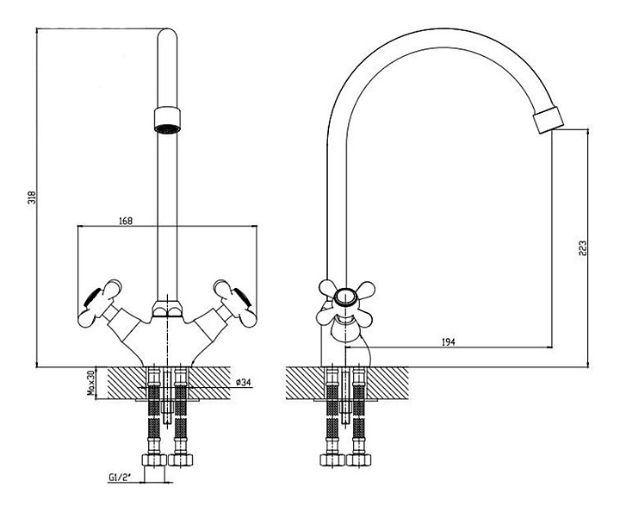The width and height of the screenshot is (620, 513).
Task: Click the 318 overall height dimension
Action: pos(33,197)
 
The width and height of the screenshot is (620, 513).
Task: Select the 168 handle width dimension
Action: pos(126,221)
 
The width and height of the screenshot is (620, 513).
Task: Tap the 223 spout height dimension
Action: pos(582,248)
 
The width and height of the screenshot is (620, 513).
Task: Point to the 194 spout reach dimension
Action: pos(448,341)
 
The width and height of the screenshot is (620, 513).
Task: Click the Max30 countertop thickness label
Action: pos(91,383)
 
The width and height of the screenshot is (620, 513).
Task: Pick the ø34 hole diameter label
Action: pos(244,382)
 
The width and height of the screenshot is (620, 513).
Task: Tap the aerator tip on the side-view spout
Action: pos(548,120)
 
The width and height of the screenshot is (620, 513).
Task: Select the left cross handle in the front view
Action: pos(100,303)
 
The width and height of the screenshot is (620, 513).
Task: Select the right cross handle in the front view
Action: pos(234,303)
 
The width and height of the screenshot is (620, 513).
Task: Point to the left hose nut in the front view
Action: pos(154,460)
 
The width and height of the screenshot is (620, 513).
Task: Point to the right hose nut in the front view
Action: pos(180,460)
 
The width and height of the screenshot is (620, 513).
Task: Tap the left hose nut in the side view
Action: pos(332,460)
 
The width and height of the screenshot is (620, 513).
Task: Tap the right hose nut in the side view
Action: pos(358,460)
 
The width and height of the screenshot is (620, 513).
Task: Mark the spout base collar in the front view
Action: pos(167,309)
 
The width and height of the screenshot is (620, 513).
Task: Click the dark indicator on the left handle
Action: pos(92,297)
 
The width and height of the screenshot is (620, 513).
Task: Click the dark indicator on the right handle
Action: pos(243,297)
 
